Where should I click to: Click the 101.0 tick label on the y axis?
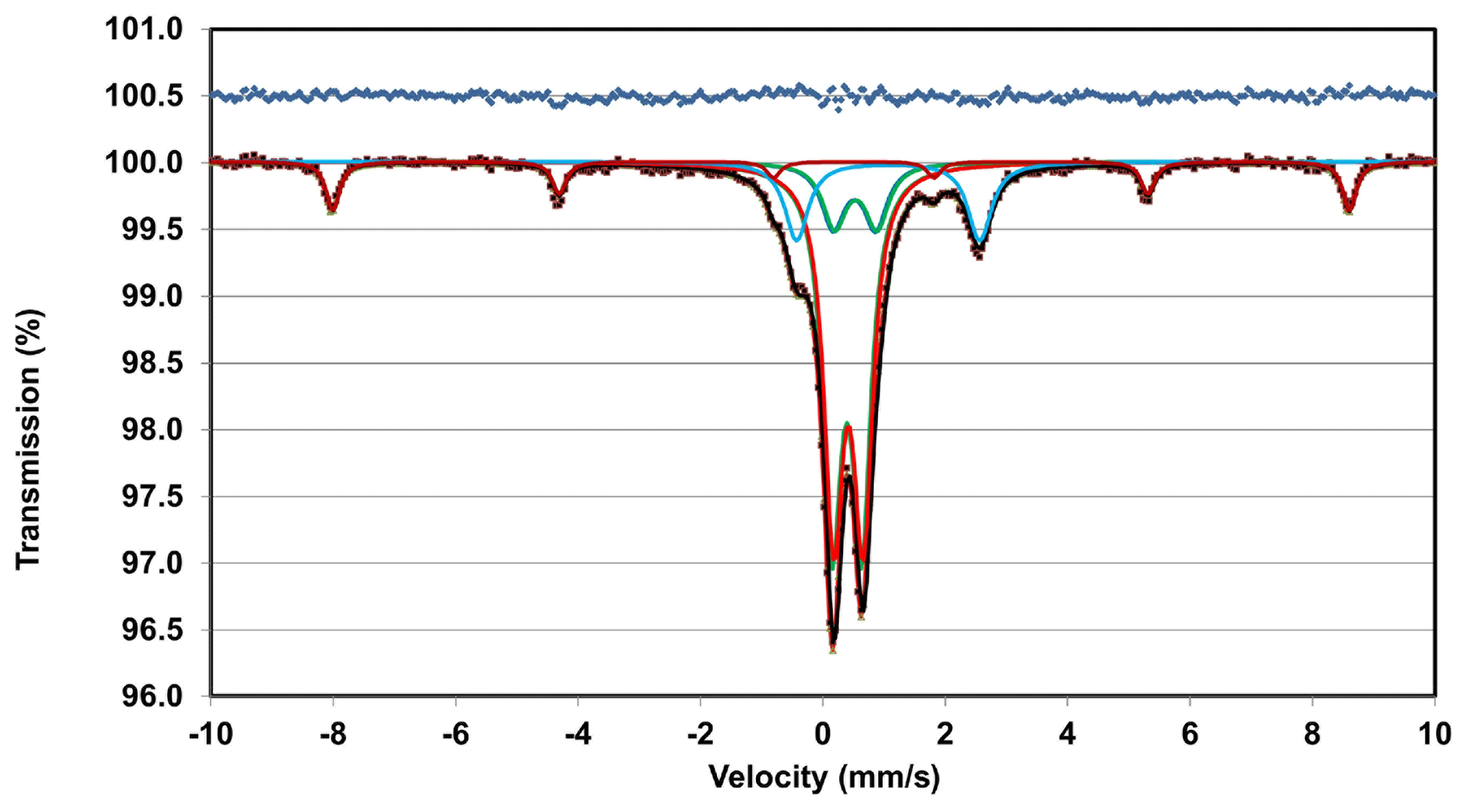(x=144, y=30)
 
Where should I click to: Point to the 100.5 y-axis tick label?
(x=144, y=96)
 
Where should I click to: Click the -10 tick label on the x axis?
(x=211, y=734)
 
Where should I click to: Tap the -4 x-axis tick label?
(x=577, y=734)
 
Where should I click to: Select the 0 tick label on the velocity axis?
(x=823, y=734)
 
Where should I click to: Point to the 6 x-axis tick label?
(x=1190, y=734)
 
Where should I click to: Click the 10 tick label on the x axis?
(x=1434, y=734)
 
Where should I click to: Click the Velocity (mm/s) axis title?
(x=824, y=777)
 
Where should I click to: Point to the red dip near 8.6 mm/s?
(x=1348, y=209)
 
